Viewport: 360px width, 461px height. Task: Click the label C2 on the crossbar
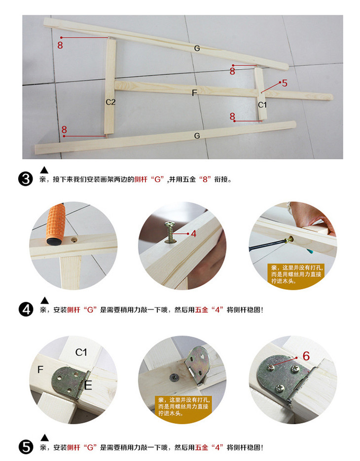110,102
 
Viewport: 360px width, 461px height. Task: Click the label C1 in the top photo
262,105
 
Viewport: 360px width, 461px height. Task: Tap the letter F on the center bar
194,93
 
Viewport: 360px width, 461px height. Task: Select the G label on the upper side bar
197,48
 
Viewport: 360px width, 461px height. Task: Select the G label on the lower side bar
197,136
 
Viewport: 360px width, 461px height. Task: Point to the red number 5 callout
284,83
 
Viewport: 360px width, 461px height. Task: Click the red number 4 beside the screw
193,234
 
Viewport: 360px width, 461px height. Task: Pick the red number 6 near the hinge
306,356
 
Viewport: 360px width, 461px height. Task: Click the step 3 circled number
26,179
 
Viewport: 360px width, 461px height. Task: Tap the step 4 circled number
26,309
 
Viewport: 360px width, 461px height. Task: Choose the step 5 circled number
26,447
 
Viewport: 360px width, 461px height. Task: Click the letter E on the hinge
88,385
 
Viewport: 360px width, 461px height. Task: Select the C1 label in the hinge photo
81,352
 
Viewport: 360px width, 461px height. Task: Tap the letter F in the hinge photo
40,370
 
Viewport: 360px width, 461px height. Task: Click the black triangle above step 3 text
44,170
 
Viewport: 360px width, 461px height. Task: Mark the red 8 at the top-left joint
60,45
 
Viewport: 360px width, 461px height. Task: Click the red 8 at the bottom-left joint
64,129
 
